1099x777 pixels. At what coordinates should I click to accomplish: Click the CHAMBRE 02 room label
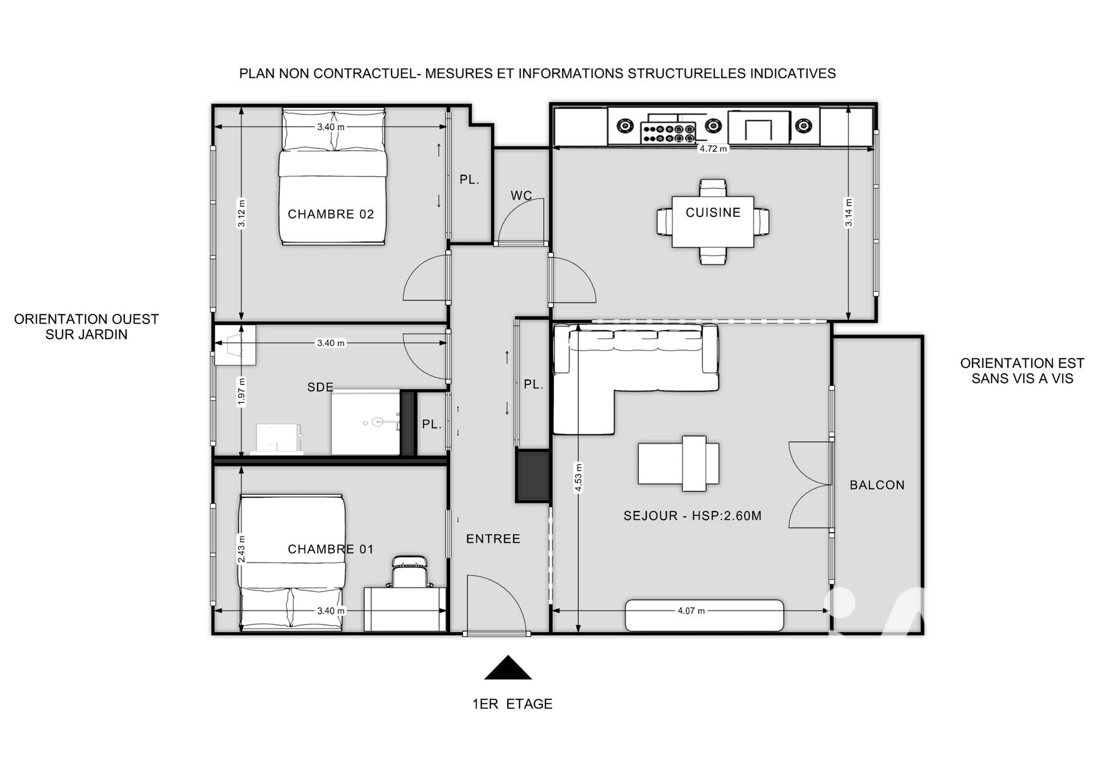tap(331, 214)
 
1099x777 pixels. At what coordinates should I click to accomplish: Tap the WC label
tap(521, 196)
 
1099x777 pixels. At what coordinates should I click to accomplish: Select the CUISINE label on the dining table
tap(713, 212)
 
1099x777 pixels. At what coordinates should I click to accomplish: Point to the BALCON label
tap(877, 485)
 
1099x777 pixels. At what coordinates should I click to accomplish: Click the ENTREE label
tap(493, 538)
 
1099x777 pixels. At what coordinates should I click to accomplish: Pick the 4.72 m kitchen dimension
tap(713, 149)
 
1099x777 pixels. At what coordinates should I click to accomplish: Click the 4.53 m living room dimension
tap(579, 477)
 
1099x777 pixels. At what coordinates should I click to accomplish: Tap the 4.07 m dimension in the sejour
tap(691, 610)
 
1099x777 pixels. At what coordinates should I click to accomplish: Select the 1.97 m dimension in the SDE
tap(242, 392)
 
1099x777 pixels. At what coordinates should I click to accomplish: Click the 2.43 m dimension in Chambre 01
tap(242, 549)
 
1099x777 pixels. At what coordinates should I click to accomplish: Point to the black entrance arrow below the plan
tap(508, 668)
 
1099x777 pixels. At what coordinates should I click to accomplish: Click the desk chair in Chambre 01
tap(409, 571)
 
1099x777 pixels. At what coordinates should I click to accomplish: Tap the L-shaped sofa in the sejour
tap(635, 378)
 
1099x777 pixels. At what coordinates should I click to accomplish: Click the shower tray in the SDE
tap(365, 423)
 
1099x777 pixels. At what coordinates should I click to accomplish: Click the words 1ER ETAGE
tap(512, 704)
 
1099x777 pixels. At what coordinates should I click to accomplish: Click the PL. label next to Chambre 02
tap(469, 180)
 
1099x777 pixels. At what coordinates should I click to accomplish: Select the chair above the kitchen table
tap(713, 188)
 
